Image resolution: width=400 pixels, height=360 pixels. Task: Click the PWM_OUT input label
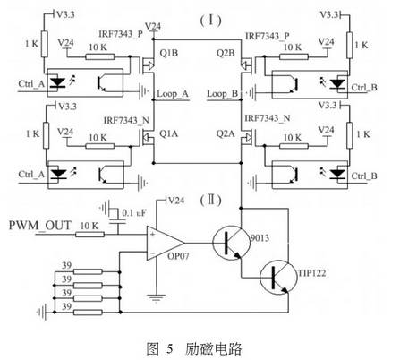click(40, 226)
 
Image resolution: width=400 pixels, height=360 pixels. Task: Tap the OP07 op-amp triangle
click(165, 243)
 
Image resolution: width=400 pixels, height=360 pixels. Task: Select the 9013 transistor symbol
click(231, 242)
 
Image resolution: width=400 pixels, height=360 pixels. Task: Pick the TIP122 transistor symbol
click(278, 278)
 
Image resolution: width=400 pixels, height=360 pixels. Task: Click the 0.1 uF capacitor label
click(134, 213)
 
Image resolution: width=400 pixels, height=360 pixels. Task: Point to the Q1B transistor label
click(169, 53)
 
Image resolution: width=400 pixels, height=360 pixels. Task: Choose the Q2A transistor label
click(226, 133)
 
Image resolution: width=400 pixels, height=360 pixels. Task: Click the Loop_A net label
click(173, 94)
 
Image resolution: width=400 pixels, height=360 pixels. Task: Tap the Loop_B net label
click(223, 94)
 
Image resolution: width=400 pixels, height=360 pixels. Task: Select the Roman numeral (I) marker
click(211, 21)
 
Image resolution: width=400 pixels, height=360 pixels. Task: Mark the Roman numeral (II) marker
click(211, 200)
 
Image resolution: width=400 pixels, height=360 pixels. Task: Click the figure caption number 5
click(170, 348)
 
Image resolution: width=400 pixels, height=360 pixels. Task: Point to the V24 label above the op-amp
click(176, 200)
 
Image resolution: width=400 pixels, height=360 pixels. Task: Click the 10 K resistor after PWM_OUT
click(89, 235)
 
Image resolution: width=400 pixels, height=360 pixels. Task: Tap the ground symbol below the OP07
click(156, 298)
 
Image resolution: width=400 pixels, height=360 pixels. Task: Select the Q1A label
click(169, 133)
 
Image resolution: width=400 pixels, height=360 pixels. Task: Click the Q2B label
click(226, 53)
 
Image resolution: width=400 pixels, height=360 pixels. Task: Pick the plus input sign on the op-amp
click(153, 234)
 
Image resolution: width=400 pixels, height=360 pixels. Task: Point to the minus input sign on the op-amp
click(152, 254)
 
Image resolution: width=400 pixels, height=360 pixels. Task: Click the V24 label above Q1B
click(153, 26)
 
